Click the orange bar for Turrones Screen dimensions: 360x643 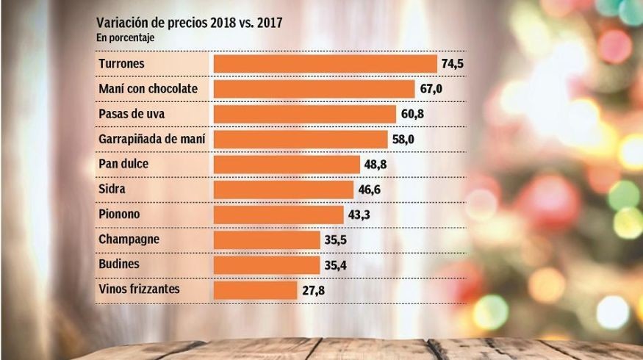[325, 64]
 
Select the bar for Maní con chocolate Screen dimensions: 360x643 [314, 89]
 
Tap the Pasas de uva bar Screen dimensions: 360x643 [305, 114]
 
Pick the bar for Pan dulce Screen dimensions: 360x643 [287, 164]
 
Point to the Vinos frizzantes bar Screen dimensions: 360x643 [255, 289]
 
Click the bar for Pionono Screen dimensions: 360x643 [279, 215]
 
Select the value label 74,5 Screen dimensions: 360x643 [452, 64]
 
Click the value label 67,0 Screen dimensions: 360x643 [431, 89]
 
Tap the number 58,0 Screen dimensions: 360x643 [403, 139]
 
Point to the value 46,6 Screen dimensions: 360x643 [370, 190]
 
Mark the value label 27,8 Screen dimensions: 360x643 [313, 290]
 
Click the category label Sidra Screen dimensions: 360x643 [112, 189]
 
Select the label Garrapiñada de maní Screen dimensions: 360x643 [151, 139]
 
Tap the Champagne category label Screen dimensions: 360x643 [129, 240]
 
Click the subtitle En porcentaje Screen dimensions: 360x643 [125, 37]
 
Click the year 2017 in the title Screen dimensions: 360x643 [268, 23]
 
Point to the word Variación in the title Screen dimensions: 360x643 [121, 23]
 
